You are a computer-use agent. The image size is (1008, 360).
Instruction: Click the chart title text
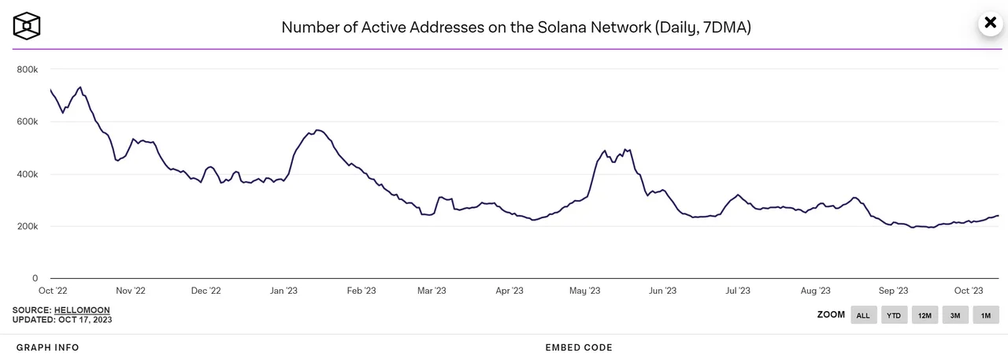click(x=516, y=28)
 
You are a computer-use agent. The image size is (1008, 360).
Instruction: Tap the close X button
click(x=990, y=23)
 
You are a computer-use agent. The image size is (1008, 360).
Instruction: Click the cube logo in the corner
click(x=27, y=26)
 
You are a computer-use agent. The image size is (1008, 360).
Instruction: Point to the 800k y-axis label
click(x=27, y=70)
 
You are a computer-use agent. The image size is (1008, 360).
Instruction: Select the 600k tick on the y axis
click(x=27, y=122)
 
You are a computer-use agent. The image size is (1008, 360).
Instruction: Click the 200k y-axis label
click(x=27, y=227)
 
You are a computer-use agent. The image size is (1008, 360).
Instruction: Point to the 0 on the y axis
click(x=35, y=279)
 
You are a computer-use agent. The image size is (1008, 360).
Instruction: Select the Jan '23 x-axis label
click(x=283, y=291)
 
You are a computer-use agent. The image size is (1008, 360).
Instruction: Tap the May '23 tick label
click(x=584, y=291)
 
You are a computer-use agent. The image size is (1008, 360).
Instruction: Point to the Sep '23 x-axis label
click(x=894, y=291)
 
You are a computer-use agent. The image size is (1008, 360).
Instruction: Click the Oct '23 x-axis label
click(x=968, y=291)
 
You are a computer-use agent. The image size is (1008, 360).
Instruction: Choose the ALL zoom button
click(x=863, y=315)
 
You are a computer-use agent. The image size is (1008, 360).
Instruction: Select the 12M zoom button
click(x=925, y=315)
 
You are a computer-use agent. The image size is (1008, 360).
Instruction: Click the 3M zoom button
click(x=954, y=315)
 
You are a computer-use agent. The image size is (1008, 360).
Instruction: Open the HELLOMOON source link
click(x=82, y=310)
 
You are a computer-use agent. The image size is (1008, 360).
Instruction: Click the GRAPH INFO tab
click(x=47, y=347)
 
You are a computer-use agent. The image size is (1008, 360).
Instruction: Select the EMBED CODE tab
click(x=579, y=347)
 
